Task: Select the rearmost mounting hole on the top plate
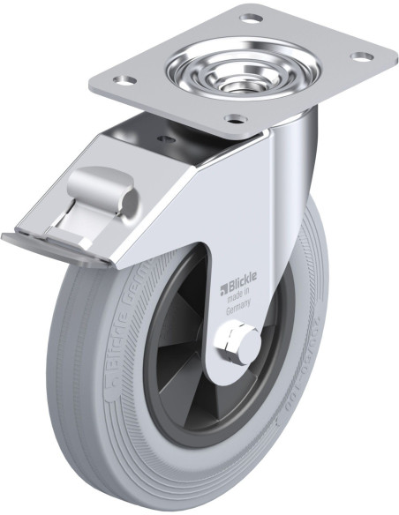(252, 18)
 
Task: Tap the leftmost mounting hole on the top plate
(125, 80)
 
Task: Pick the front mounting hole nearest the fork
(233, 119)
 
